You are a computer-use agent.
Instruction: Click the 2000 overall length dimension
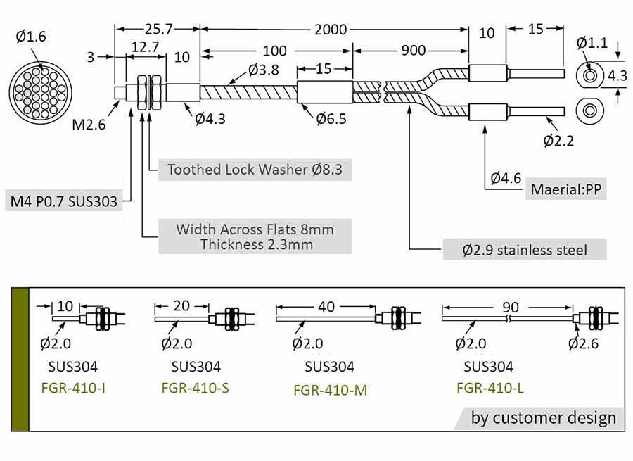click(x=331, y=29)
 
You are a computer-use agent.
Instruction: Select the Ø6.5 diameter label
click(x=330, y=119)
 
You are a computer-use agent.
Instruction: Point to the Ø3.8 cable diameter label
click(x=264, y=70)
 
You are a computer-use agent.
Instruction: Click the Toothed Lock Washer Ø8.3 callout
click(x=255, y=170)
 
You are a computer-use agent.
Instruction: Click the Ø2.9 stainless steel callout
click(x=524, y=249)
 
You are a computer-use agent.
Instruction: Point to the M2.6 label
click(x=89, y=125)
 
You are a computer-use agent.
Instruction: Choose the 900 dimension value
click(x=413, y=51)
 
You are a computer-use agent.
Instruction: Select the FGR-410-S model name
click(x=195, y=387)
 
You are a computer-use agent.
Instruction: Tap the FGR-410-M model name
click(x=330, y=390)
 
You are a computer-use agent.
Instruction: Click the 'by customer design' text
click(x=543, y=417)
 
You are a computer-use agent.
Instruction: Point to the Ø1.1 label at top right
click(x=592, y=43)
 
